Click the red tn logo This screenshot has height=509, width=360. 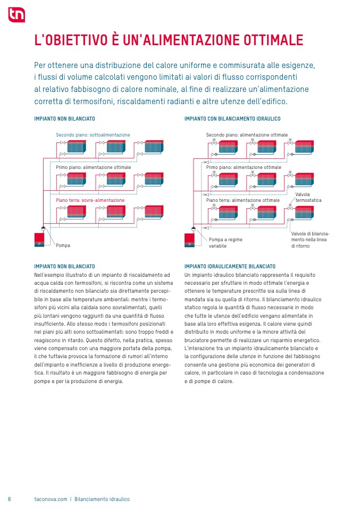[16, 15]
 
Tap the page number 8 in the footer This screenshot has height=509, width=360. [10, 499]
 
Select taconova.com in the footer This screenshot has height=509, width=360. [51, 499]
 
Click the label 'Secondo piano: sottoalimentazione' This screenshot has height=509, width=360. [93, 135]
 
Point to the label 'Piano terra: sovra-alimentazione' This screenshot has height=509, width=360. [90, 200]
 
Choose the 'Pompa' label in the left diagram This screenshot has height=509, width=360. [63, 245]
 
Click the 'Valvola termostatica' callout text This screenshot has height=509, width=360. [308, 197]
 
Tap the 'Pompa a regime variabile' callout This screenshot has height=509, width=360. [225, 243]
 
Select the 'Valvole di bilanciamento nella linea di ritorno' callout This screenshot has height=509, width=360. [310, 240]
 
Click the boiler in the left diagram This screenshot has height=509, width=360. [39, 240]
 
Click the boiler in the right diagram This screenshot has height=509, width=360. [190, 240]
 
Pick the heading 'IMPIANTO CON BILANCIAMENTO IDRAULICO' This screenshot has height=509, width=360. [232, 119]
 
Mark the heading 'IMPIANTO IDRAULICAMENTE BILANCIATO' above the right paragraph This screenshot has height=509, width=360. [230, 266]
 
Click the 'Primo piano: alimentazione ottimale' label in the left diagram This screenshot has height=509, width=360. [93, 167]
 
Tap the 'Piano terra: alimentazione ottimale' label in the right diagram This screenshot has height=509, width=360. [242, 200]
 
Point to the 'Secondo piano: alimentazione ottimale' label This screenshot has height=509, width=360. [247, 135]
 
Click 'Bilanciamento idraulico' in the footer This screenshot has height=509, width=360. [102, 499]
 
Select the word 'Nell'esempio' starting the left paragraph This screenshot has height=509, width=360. [48, 275]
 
